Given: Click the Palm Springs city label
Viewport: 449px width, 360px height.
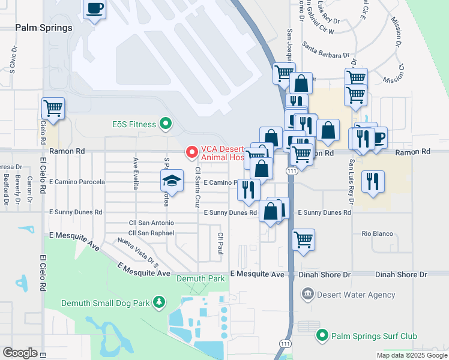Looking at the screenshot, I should coord(43,28).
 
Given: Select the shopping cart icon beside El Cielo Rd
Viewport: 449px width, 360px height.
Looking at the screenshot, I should coord(53,109).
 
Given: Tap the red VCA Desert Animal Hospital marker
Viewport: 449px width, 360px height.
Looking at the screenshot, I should coord(192,152).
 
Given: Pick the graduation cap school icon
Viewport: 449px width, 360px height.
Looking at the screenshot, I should coord(172,181).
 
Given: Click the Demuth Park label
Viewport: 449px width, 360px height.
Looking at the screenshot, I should coord(200,278).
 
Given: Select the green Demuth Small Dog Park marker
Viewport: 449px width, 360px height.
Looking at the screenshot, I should coord(159,302).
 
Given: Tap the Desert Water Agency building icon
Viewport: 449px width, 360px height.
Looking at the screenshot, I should coord(307,294).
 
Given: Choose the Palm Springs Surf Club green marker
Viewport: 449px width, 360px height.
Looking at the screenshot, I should coord(323,336).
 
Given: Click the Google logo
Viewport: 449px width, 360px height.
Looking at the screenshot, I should coord(20,353).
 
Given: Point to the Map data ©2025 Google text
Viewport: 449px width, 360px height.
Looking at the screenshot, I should coord(411,355).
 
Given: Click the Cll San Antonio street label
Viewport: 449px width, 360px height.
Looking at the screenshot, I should coord(151,223).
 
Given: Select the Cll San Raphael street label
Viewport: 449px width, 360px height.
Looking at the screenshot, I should coord(151,233).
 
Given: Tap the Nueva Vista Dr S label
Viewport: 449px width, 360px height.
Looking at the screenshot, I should coord(137,253).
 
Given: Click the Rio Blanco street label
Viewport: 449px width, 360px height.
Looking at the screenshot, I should coord(377,233).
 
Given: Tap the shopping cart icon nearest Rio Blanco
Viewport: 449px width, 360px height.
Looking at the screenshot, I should coord(304,239).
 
